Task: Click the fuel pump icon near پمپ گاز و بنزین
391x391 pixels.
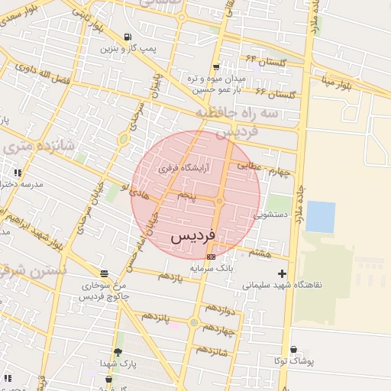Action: pyautogui.click(x=126, y=37)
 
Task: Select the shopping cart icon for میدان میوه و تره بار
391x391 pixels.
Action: pyautogui.click(x=217, y=66)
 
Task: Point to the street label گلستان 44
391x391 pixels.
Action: pyautogui.click(x=263, y=60)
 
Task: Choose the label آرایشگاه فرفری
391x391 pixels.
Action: pyautogui.click(x=183, y=166)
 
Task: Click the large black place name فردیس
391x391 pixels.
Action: pyautogui.click(x=192, y=235)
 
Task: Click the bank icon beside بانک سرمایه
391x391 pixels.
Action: pyautogui.click(x=211, y=257)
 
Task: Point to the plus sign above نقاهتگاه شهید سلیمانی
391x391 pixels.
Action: pyautogui.click(x=283, y=273)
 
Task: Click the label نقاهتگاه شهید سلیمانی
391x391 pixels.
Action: pyautogui.click(x=283, y=284)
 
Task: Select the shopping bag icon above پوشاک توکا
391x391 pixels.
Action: pyautogui.click(x=293, y=349)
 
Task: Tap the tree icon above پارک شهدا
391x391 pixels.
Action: pyautogui.click(x=118, y=352)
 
